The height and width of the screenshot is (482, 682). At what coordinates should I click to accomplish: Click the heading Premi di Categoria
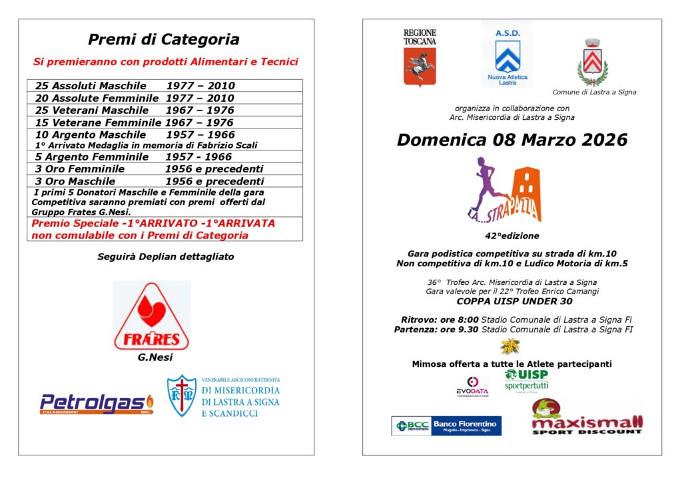[x=164, y=39]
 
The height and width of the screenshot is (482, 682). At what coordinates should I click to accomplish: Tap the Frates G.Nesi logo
[x=152, y=316]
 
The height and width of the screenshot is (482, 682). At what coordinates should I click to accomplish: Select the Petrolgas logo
[x=97, y=403]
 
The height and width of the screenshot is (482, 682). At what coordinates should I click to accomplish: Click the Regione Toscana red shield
[x=420, y=67]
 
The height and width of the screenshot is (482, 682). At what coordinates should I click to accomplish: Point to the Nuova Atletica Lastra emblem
[x=507, y=56]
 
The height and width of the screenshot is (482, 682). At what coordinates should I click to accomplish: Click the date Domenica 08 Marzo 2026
[x=511, y=140]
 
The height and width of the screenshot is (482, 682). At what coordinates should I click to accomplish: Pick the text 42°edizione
[x=511, y=236]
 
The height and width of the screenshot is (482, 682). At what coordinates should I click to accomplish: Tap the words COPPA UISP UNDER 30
[x=511, y=301]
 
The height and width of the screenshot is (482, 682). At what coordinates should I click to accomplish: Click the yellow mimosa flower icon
[x=510, y=346]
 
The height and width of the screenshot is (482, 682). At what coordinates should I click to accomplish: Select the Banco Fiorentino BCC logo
[x=446, y=425]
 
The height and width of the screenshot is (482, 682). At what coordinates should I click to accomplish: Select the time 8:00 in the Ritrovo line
[x=464, y=320]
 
